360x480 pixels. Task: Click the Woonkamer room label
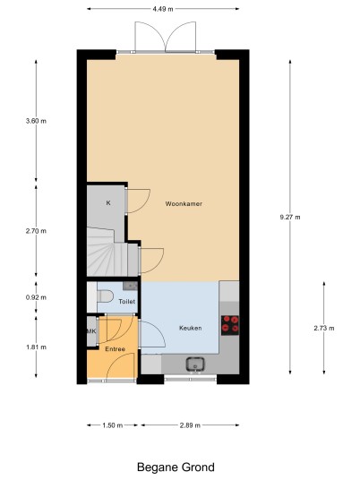[184, 203]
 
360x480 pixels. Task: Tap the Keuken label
[191, 328]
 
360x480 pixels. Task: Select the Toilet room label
[127, 302]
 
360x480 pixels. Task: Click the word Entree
[116, 349]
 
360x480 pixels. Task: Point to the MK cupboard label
[91, 331]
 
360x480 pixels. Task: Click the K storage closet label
[108, 203]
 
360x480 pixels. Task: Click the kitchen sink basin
[195, 364]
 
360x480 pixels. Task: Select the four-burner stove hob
[230, 325]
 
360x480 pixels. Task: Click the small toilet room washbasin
[130, 286]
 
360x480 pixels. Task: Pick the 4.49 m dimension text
[163, 9]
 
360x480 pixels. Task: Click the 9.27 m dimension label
[290, 217]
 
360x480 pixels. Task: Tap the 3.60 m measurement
[36, 121]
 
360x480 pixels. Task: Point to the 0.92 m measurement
[36, 297]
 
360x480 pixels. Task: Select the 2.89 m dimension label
[190, 425]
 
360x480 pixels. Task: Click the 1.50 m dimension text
[112, 425]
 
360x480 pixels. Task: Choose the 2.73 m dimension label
[324, 328]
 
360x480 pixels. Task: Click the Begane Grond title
[176, 467]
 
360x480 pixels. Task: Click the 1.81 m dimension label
[36, 347]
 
